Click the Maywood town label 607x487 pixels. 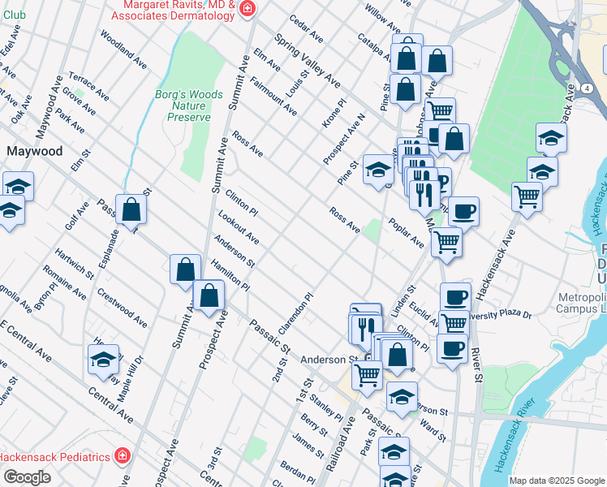[x=34, y=151]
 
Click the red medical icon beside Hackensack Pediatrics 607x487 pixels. [x=122, y=457]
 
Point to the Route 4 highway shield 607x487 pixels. [x=585, y=88]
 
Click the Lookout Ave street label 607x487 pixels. [x=238, y=227]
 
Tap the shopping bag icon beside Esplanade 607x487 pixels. [x=130, y=209]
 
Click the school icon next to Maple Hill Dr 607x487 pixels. [x=103, y=358]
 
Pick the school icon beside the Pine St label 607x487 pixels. [x=377, y=170]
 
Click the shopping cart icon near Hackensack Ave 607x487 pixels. [x=527, y=196]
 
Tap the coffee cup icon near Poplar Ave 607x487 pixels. [x=463, y=212]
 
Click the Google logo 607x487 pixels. [x=26, y=477]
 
